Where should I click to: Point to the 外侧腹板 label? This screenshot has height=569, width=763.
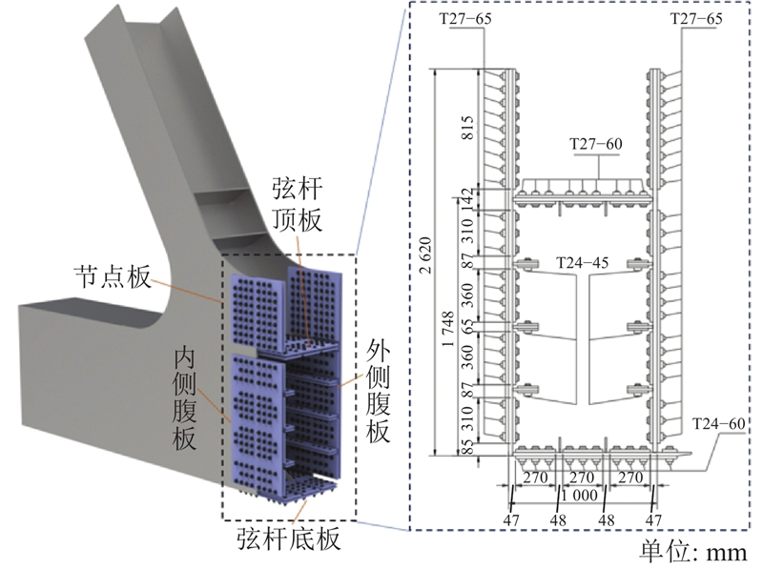coord(378,393)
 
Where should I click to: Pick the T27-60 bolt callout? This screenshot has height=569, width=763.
coord(595,144)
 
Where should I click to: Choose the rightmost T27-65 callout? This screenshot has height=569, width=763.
coord(698,18)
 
